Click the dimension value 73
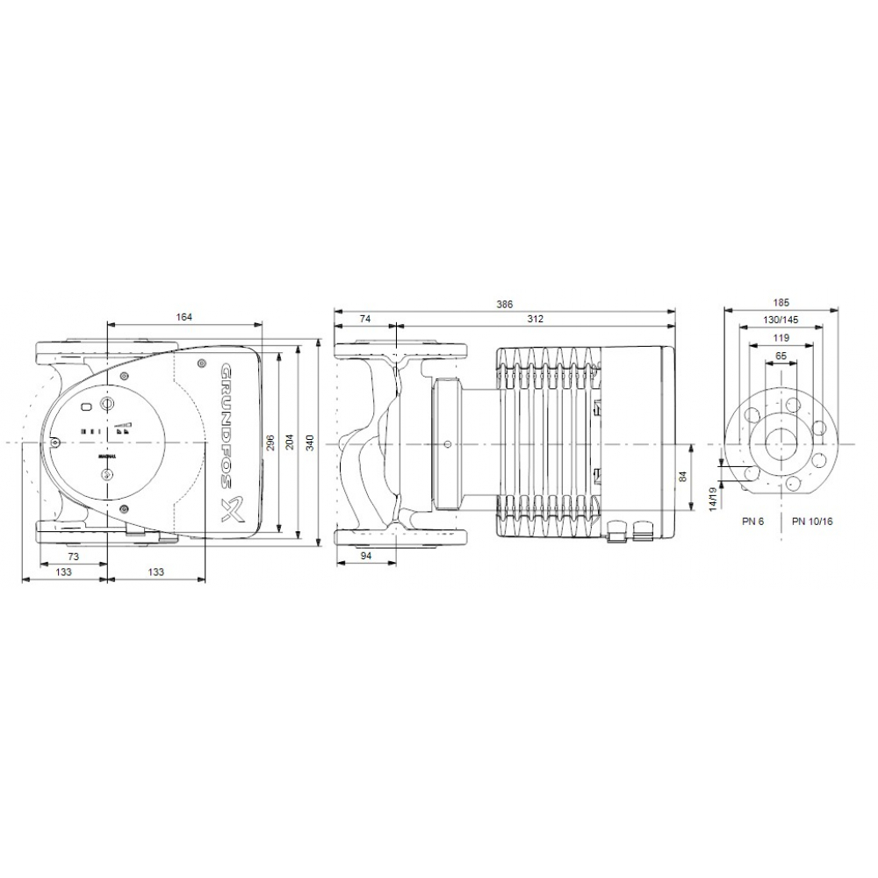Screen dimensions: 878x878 coord(74,558)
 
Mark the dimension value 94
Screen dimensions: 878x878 coord(366,558)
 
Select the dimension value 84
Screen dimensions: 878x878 coord(684,477)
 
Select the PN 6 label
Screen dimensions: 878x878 coord(752,521)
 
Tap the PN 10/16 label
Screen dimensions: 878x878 coord(812,521)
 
